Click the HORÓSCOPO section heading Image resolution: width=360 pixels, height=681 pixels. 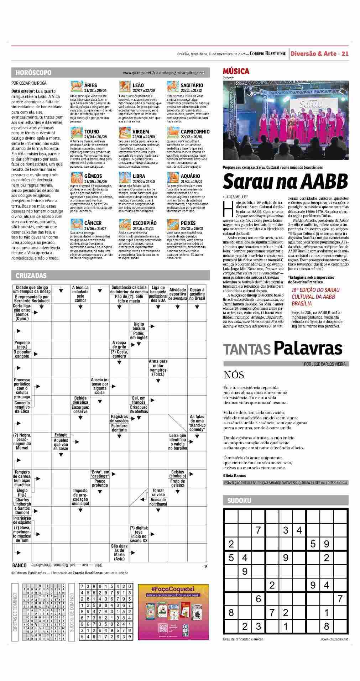click(x=33, y=73)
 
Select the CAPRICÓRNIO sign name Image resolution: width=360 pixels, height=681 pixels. click(x=195, y=132)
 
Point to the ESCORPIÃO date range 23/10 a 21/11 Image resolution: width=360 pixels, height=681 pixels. click(x=143, y=229)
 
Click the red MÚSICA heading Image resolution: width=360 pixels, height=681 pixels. click(x=236, y=71)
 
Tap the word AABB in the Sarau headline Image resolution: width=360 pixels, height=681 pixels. click(x=323, y=182)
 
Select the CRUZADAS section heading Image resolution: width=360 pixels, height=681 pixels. click(x=31, y=276)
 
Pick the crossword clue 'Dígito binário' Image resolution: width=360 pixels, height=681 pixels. click(x=139, y=326)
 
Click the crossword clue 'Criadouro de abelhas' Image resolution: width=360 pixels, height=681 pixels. click(x=139, y=409)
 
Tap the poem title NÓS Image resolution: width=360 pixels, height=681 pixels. click(x=234, y=375)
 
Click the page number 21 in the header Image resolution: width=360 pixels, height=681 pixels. click(x=345, y=54)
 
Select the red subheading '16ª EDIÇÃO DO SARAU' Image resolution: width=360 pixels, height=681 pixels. click(x=315, y=290)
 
